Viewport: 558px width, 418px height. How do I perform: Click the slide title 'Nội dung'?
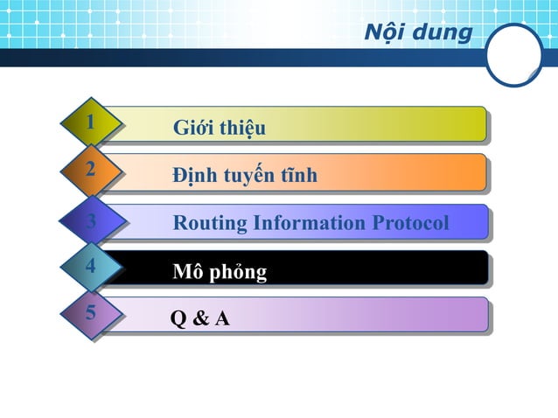tap(417, 33)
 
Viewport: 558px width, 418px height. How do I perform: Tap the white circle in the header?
tap(514, 54)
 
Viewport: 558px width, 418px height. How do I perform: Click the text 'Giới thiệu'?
tap(219, 129)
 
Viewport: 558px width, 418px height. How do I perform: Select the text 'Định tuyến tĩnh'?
tap(245, 176)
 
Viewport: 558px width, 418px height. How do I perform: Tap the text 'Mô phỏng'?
tap(220, 272)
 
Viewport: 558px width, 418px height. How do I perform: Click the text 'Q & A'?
tap(200, 319)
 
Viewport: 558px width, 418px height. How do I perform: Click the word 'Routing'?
tap(210, 224)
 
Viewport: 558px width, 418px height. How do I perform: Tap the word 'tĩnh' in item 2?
tap(298, 176)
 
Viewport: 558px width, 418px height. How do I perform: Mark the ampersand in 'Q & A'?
tap(200, 319)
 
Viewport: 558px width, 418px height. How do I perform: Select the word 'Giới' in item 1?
tap(192, 129)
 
